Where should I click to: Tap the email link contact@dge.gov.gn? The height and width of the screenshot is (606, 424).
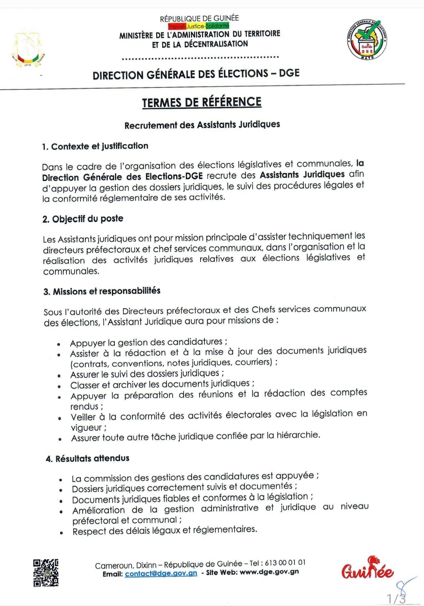point(161,573)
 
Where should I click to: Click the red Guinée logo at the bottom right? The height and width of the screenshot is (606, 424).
point(367,569)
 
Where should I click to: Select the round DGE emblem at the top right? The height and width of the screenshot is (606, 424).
point(367,40)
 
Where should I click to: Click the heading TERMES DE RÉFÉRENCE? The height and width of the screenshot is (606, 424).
point(201,103)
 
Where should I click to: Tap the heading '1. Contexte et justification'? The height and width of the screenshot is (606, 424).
point(95,146)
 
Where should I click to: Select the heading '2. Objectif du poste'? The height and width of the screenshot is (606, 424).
point(83,219)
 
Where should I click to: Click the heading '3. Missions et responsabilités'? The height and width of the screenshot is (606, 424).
point(102,291)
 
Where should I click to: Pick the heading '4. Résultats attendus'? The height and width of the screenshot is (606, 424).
point(88,458)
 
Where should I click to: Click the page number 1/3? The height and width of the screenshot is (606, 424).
point(396,599)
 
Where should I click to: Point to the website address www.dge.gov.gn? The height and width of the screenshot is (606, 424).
point(269,572)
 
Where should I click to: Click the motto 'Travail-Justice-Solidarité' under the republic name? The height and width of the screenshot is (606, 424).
point(198,26)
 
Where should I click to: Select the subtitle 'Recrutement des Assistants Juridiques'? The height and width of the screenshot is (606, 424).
point(202,125)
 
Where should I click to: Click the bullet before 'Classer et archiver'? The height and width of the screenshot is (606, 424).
point(59,386)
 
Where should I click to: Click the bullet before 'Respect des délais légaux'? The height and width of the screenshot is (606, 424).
point(61,533)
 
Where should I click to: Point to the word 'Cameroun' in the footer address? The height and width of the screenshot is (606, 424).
point(113,566)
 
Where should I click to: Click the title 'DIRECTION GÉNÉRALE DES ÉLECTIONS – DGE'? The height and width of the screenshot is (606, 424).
point(196,74)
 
